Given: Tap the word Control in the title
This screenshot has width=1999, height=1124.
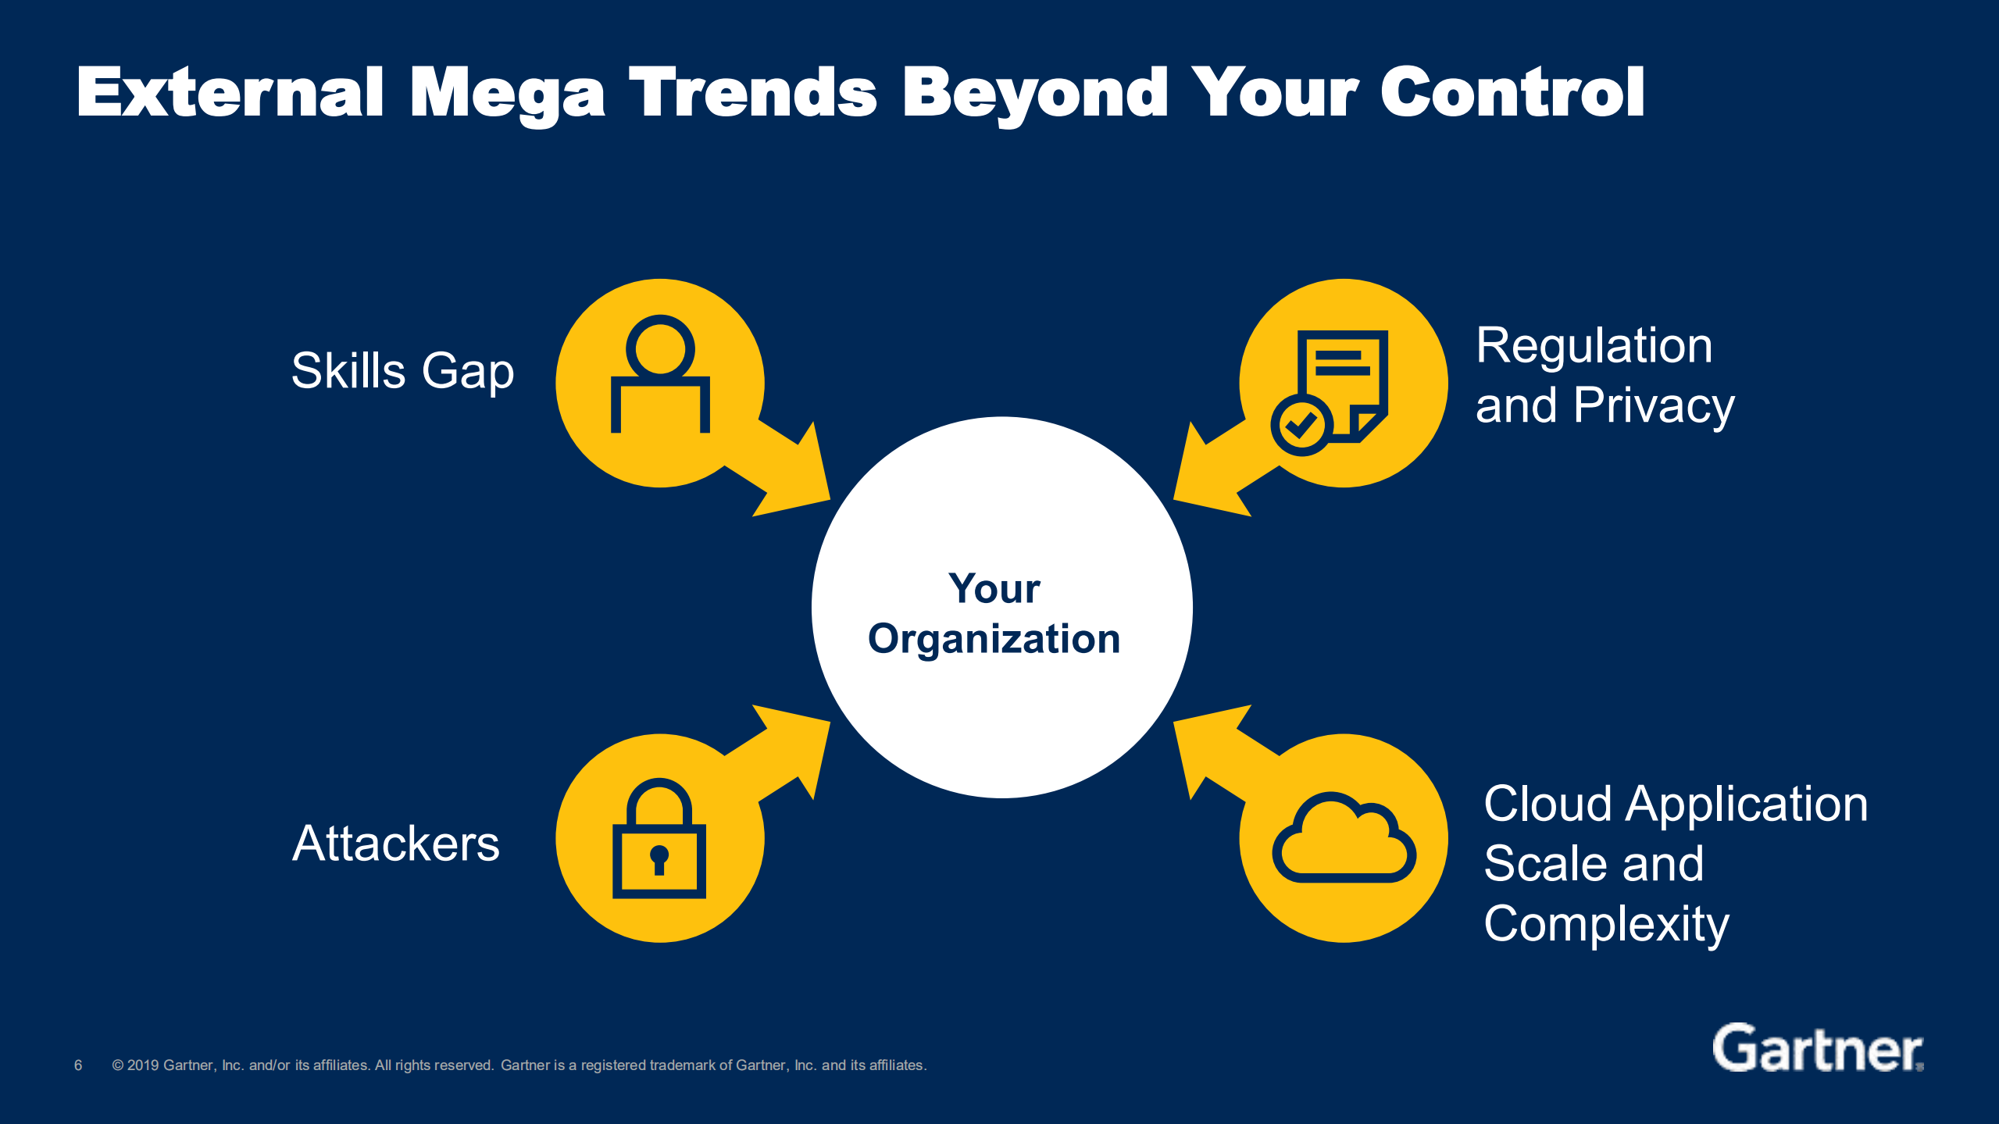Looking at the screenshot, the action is (x=1512, y=92).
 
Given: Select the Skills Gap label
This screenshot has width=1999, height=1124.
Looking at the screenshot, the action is (x=402, y=372).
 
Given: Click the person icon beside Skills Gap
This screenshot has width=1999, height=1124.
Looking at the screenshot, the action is (x=660, y=373).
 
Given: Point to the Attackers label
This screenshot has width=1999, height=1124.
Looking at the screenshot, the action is (x=396, y=844).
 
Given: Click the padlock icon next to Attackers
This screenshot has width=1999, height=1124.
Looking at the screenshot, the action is (x=659, y=838).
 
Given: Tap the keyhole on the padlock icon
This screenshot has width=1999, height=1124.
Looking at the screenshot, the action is (x=659, y=859).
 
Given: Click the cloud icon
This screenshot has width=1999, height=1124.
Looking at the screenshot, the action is (x=1344, y=838).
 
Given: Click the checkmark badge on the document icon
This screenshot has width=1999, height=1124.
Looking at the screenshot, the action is (x=1301, y=425).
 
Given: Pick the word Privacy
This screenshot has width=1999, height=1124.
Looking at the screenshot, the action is (x=1654, y=405).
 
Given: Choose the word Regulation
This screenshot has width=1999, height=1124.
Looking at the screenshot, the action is (x=1594, y=345).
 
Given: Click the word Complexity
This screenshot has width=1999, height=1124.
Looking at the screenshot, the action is (x=1606, y=924).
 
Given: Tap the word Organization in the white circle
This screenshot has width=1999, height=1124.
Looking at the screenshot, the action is (x=994, y=640).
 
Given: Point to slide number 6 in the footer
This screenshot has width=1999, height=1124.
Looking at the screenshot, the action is (x=78, y=1065).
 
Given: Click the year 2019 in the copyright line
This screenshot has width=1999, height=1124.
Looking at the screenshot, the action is (x=143, y=1065).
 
